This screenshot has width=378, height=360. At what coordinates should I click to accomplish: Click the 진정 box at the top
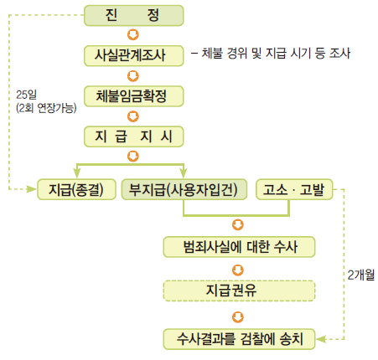tap(134, 16)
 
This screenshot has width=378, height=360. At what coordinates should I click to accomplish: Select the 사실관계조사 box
tap(134, 56)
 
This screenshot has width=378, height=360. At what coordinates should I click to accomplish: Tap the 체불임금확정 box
tap(134, 96)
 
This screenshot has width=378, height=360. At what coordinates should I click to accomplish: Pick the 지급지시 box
tap(134, 136)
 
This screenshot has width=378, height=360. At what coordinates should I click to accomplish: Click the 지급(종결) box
tap(76, 189)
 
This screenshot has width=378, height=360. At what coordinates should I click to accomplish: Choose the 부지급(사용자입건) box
tap(184, 189)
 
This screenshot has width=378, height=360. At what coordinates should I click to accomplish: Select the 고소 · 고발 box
tap(294, 189)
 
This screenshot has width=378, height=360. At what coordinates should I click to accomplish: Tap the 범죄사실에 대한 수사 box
tap(239, 247)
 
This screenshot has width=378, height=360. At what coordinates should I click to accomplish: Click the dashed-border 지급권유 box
tap(239, 291)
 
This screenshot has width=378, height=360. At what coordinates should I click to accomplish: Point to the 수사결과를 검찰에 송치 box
tap(239, 339)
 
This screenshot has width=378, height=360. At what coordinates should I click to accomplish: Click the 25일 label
tap(26, 95)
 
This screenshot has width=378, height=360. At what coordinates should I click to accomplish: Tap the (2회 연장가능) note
tap(46, 108)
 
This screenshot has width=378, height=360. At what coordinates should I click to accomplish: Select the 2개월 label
tap(361, 275)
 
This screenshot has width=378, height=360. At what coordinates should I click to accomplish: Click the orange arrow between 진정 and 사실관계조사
tap(133, 35)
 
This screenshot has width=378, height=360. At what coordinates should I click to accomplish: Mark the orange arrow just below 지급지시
tap(133, 157)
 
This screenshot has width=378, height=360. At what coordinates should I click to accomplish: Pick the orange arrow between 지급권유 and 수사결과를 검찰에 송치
tap(238, 317)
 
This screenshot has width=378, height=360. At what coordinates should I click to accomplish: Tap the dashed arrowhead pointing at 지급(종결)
tap(31, 189)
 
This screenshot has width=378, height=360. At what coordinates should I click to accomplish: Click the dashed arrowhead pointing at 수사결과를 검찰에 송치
tap(321, 339)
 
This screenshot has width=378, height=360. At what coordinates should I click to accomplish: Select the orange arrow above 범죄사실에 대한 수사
tap(238, 224)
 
